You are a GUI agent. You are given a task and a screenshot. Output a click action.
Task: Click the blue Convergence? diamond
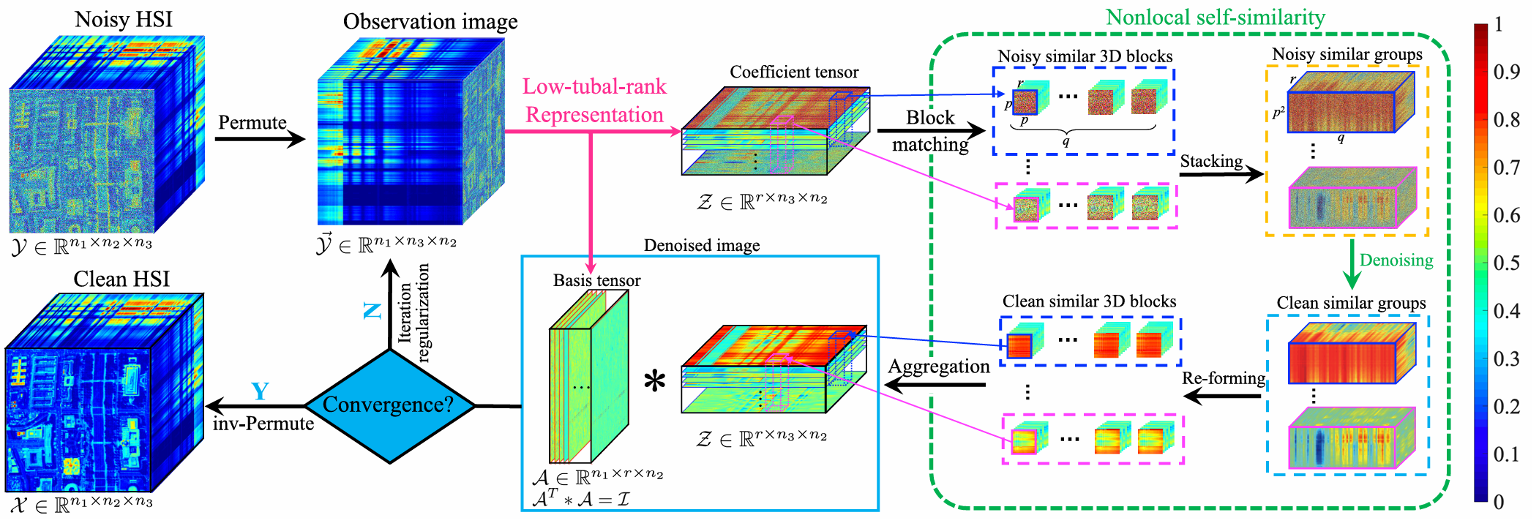point(389,405)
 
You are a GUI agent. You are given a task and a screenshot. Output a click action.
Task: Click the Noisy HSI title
point(124,20)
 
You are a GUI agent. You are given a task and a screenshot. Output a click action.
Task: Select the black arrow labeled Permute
point(260,138)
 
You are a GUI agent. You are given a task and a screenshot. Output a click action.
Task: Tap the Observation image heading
point(430,22)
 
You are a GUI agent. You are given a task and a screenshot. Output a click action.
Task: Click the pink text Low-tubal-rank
point(594,87)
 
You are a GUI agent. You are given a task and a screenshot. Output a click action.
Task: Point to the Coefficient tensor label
point(794,72)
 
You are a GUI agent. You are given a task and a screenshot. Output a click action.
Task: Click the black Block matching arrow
point(931,132)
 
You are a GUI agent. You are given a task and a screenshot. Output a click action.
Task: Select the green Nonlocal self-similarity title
point(1215,18)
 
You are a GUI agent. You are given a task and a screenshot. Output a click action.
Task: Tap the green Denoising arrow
point(1352,265)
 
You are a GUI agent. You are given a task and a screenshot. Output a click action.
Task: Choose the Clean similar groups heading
point(1351,303)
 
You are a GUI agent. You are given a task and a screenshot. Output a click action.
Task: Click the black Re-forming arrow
point(1222,397)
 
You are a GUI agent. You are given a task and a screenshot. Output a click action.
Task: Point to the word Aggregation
point(939,367)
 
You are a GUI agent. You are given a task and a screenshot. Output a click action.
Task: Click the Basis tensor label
point(596,281)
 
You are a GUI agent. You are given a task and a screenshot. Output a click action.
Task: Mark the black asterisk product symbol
point(654,382)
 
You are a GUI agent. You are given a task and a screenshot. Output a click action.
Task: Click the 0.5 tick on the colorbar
point(1505,263)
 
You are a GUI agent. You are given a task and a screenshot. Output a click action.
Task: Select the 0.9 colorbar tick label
point(1506,72)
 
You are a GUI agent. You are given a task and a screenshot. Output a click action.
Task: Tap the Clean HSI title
point(121,279)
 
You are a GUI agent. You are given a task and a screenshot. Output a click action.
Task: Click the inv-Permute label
point(263,424)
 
